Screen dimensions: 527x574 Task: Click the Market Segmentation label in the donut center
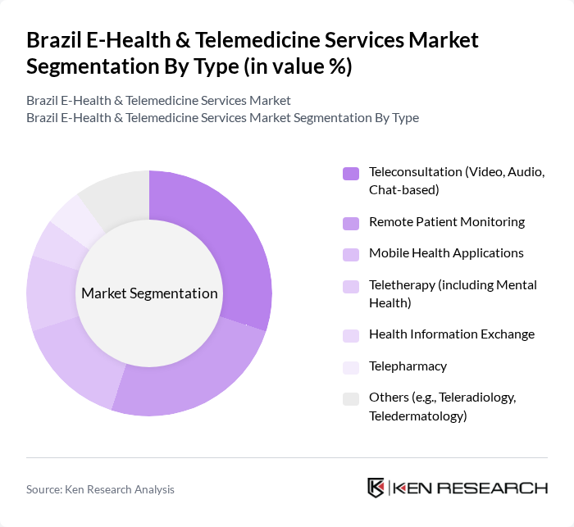point(149,293)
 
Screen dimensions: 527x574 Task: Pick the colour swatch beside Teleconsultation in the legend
point(351,173)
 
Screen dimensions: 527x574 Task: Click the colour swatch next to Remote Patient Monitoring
point(351,222)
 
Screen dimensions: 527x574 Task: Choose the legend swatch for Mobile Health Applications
point(351,253)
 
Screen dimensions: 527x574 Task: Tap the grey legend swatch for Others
point(351,398)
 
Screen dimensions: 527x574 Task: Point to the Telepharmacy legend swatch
point(351,366)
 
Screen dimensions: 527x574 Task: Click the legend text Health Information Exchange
point(451,334)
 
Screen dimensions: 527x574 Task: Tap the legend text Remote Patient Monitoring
point(446,221)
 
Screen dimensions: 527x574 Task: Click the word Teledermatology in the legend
point(417,416)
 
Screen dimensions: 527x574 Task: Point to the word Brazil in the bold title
point(54,40)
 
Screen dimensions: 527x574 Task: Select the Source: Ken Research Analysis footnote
point(100,489)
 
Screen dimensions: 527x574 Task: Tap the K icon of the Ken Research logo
point(376,488)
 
